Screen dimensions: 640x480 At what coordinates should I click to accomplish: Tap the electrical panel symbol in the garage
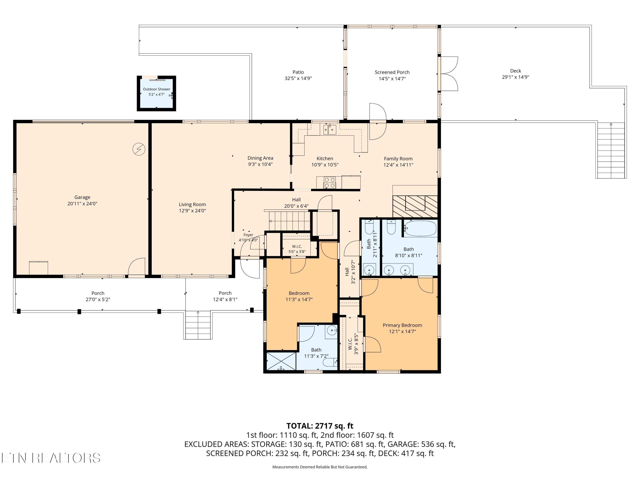(x=139, y=149)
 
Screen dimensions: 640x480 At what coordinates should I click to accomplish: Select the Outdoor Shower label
(x=157, y=89)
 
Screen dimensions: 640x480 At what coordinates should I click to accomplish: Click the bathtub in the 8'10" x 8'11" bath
(x=420, y=228)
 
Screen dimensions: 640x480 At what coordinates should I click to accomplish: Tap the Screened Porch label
(x=392, y=72)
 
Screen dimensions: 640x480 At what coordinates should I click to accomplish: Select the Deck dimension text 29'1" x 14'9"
(x=516, y=77)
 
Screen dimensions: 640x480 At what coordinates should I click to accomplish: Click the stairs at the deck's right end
(x=611, y=150)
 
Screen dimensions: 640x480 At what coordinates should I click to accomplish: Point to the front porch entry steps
(x=198, y=325)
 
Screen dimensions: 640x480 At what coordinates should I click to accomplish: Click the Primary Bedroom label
(x=402, y=325)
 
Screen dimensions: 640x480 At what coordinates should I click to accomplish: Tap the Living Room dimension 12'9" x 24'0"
(x=192, y=211)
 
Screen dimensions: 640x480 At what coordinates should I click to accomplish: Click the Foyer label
(x=248, y=235)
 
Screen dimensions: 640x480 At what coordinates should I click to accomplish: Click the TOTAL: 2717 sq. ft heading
(x=320, y=426)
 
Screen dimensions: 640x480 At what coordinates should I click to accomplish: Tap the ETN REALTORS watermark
(x=51, y=458)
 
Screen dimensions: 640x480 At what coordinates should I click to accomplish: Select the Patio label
(x=298, y=72)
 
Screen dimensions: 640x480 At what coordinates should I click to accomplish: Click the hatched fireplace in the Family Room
(x=415, y=206)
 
